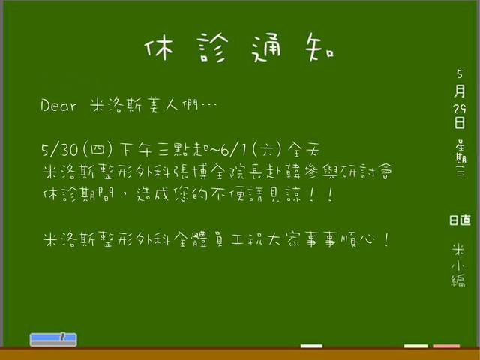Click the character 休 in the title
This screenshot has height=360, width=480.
click(159, 47)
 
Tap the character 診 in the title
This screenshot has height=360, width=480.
click(213, 47)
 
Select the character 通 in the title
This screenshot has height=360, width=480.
click(266, 47)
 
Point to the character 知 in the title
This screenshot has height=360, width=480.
click(319, 46)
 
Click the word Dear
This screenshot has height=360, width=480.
click(58, 105)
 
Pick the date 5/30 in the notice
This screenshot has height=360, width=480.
click(60, 150)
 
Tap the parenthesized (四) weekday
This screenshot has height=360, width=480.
click(97, 150)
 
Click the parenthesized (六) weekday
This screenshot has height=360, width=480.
click(267, 150)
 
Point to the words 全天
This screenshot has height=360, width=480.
click(304, 150)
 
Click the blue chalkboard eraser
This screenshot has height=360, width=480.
click(53, 340)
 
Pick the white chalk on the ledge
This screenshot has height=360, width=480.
click(311, 346)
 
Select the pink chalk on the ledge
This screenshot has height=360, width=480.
click(446, 346)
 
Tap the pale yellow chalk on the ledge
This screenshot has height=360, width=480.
click(415, 346)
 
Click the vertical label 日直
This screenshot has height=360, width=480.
click(460, 220)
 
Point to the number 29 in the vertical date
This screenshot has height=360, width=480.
click(460, 108)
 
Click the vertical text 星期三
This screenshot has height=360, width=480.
click(460, 158)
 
